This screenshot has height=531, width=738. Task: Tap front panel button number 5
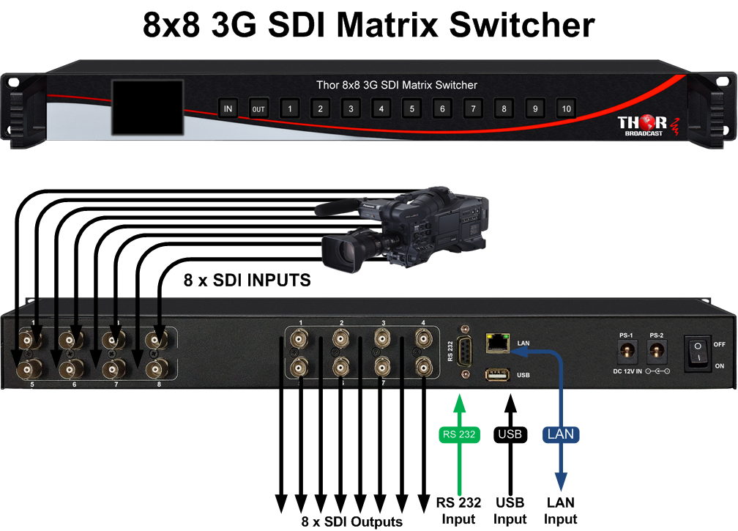411,109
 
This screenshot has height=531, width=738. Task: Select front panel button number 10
566,109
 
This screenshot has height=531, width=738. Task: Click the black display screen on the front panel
146,107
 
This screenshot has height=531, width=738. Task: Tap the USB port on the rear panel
497,375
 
